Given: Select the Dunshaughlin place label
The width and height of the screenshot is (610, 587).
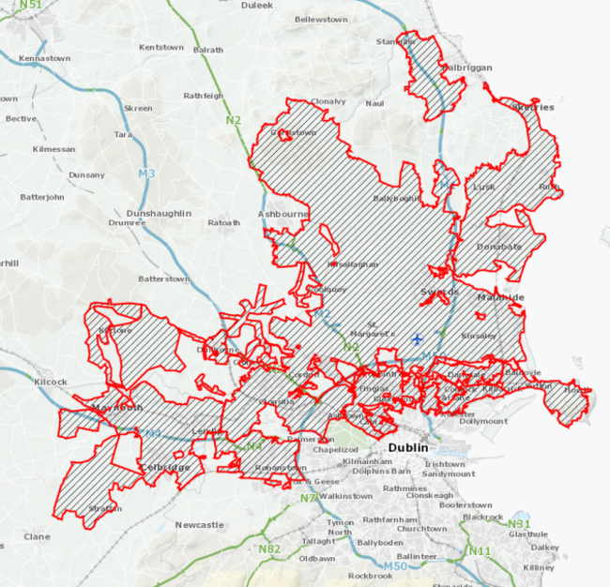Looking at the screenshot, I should (x=164, y=213).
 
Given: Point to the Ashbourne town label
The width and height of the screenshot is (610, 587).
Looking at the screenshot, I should (x=283, y=214).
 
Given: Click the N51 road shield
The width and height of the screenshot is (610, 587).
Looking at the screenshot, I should (x=30, y=6).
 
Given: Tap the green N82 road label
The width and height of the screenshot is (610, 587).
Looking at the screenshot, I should (x=269, y=549).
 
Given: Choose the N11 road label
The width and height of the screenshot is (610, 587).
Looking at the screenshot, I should (x=480, y=550).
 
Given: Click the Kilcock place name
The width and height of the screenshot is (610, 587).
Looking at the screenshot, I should (x=50, y=382).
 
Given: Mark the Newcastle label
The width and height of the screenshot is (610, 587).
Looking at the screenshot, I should (x=199, y=525).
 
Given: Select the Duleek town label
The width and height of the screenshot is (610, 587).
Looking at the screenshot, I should (x=230, y=5).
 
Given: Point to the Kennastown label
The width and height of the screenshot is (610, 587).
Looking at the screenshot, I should (x=45, y=58).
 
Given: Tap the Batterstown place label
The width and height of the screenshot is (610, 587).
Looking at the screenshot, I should (x=164, y=278).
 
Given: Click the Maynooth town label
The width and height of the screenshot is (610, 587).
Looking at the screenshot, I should (x=117, y=408).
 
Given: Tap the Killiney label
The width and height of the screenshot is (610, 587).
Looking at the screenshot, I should (x=539, y=567).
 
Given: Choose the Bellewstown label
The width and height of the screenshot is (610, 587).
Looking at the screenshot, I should (x=321, y=19).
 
